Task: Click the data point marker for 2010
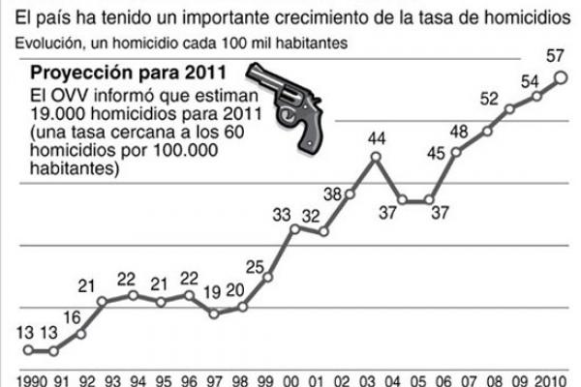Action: click(561, 78)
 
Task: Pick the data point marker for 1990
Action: click(29, 350)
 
